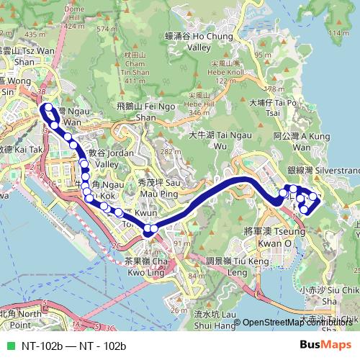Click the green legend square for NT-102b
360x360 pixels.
[9, 346]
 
